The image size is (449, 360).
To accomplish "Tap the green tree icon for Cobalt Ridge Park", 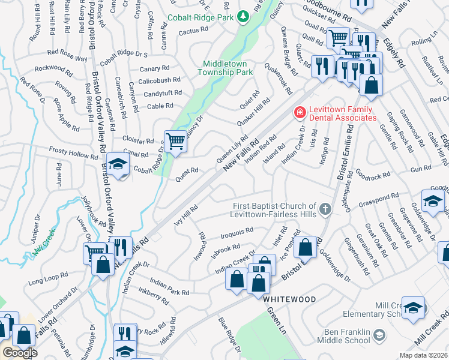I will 244,17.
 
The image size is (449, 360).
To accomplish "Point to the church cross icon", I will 325,209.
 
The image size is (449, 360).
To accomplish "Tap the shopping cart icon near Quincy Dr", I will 175,142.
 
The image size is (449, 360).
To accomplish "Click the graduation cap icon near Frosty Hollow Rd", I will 118,165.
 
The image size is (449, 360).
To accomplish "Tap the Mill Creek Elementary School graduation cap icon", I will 413,308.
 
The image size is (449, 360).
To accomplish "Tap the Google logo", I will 20,353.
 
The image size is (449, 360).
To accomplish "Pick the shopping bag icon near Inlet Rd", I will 305,247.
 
